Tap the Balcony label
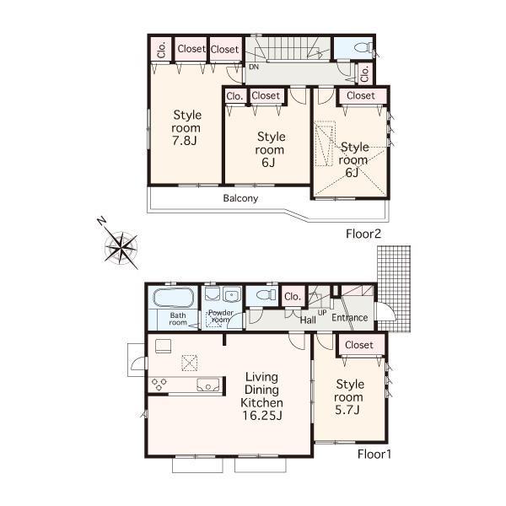[240, 199]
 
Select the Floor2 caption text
[363, 234]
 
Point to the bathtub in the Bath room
[172, 299]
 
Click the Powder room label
[220, 317]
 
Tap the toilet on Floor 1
[263, 296]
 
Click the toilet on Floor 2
[360, 48]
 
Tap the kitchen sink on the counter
[207, 385]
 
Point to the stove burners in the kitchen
[159, 384]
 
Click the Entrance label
[349, 318]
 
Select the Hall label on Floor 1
[308, 320]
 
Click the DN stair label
[253, 67]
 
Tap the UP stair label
[321, 312]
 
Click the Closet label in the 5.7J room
[359, 345]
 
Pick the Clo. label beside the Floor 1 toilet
[293, 296]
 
